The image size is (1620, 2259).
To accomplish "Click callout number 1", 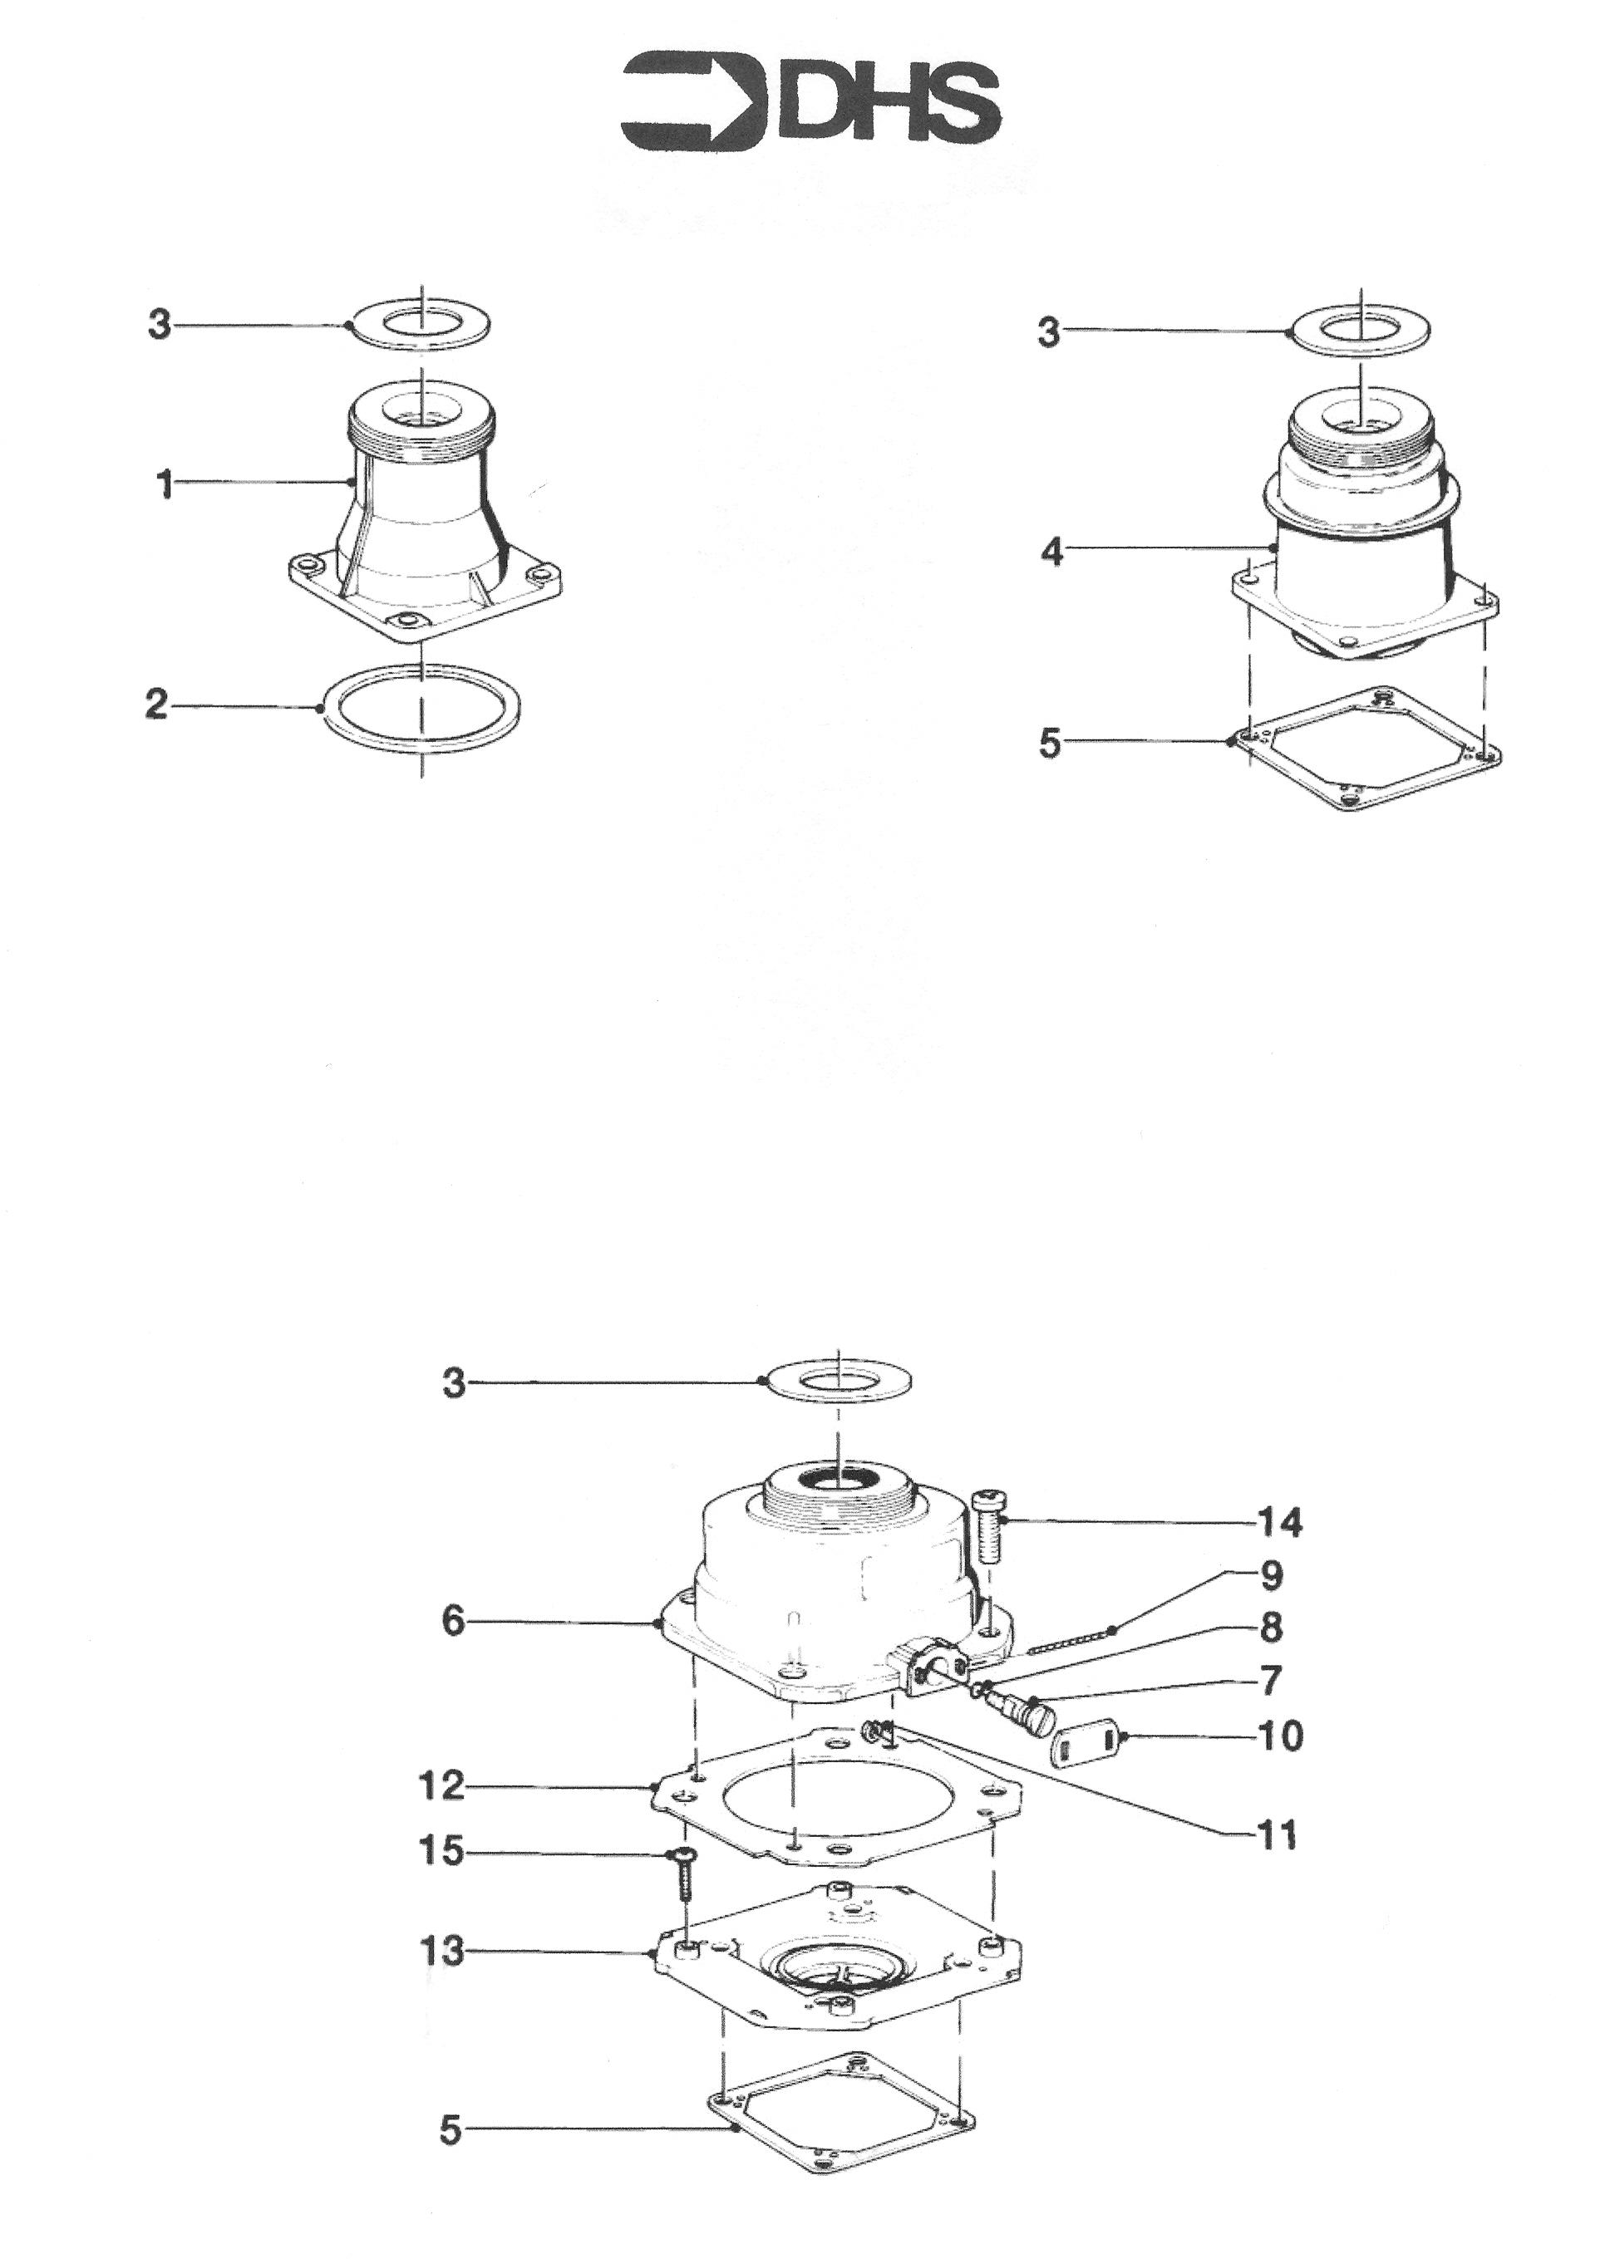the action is (x=165, y=486).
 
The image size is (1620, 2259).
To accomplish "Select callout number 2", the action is (x=157, y=705).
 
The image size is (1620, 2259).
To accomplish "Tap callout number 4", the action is (x=1051, y=550).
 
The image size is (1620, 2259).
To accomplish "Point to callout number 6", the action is (x=453, y=1622).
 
